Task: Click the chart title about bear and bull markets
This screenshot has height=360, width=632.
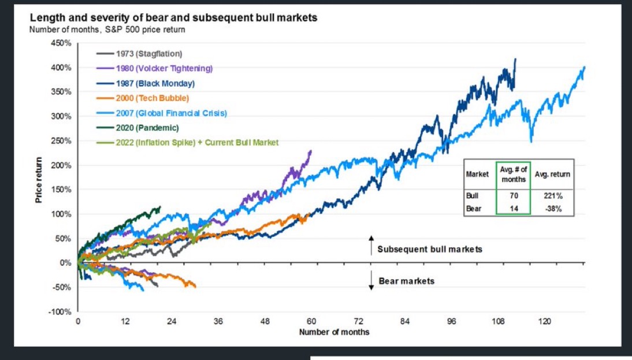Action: (173, 18)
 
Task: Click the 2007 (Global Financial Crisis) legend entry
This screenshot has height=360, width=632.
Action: (167, 113)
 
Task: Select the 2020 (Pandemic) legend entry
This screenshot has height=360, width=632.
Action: (143, 127)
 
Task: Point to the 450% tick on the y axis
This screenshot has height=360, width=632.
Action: (60, 43)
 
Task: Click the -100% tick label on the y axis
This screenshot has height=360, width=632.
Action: (59, 312)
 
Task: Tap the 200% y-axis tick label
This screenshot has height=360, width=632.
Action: (60, 165)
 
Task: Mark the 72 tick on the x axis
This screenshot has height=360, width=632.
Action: (358, 321)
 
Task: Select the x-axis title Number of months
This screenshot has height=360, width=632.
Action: (334, 332)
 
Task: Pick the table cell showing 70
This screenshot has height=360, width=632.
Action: (514, 195)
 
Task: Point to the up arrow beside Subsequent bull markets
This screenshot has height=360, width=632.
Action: (371, 245)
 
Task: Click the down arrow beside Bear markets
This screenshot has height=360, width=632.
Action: (371, 281)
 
